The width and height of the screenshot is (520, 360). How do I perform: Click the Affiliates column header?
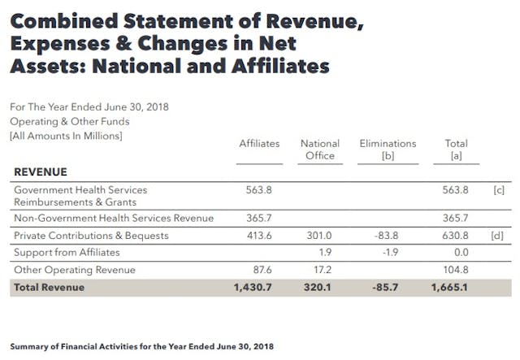pos(259,143)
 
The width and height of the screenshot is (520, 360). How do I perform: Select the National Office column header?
pos(319,150)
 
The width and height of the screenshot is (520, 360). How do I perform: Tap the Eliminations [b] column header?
pos(388,150)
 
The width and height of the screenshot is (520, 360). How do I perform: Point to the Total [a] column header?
pos(456,150)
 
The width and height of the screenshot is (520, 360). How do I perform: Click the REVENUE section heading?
pos(41,172)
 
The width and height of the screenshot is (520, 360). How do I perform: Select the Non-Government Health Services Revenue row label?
pos(114,218)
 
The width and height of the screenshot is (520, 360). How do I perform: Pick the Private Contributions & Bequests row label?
pos(91,236)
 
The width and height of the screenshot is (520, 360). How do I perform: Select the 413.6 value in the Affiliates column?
pos(259,236)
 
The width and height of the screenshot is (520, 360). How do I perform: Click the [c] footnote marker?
pos(499,189)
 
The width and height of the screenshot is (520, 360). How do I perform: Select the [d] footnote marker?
pos(499,236)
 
